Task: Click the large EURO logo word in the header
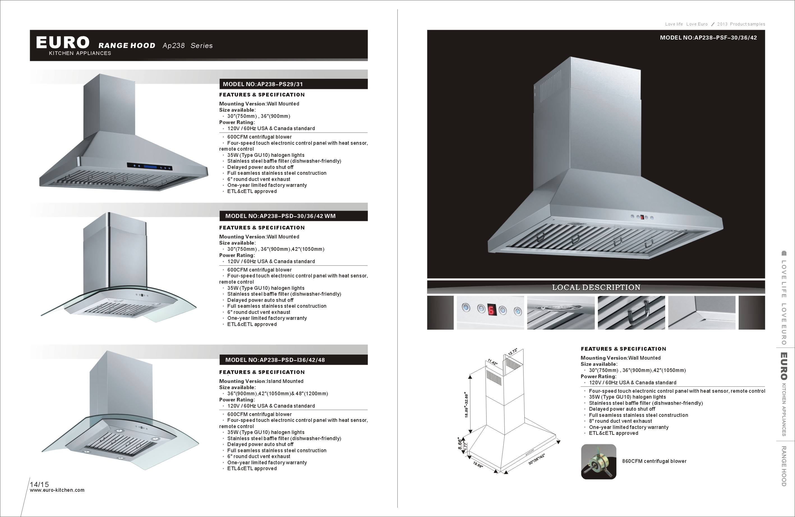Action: pos(63,42)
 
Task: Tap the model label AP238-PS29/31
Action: pos(262,84)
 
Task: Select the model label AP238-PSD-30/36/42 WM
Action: pos(280,216)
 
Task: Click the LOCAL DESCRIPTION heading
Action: pos(596,288)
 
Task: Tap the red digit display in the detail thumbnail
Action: pos(491,310)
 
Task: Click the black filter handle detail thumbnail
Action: pos(631,313)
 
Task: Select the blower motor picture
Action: pos(599,461)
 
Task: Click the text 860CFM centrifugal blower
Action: pos(654,461)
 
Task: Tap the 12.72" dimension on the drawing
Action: pos(513,352)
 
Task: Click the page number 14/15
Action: pos(40,484)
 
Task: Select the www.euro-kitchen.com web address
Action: pos(57,490)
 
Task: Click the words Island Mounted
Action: pos(285,381)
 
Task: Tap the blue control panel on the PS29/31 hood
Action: pos(150,166)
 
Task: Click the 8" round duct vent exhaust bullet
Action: pos(620,421)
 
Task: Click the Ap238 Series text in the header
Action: pos(187,46)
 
